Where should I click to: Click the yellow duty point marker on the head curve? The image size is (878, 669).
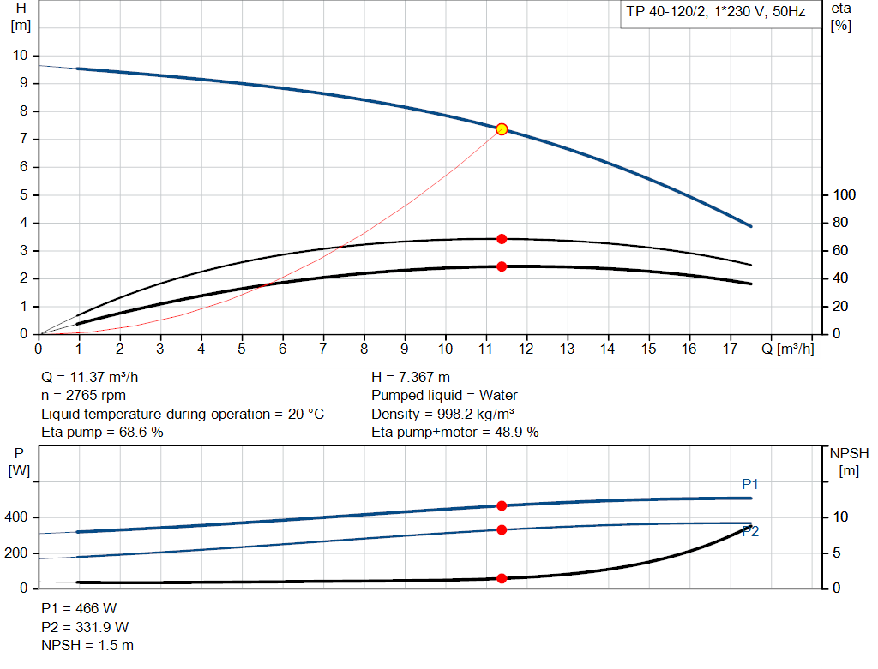point(502,129)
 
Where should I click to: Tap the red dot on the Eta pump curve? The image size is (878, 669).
point(502,239)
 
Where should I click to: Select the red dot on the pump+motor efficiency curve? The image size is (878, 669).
point(502,266)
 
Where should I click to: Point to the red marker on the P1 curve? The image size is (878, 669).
point(502,505)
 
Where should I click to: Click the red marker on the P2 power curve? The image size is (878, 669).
point(502,529)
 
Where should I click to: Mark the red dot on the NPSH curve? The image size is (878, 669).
point(502,578)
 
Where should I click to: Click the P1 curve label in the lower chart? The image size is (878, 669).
point(750,485)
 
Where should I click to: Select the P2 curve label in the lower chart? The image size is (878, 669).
point(750,532)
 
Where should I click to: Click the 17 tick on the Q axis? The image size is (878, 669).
point(731,349)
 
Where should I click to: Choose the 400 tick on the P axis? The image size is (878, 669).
point(17,517)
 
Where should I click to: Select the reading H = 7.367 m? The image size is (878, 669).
point(411,377)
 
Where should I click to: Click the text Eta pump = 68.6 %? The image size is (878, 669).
point(102,433)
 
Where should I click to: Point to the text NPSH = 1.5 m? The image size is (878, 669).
point(87,645)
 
